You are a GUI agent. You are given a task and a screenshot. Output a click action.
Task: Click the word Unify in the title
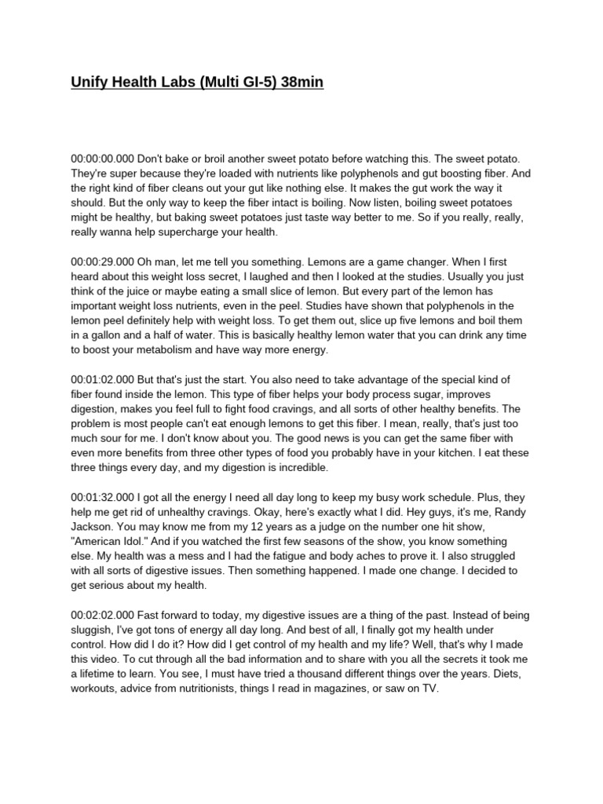pos(89,82)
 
